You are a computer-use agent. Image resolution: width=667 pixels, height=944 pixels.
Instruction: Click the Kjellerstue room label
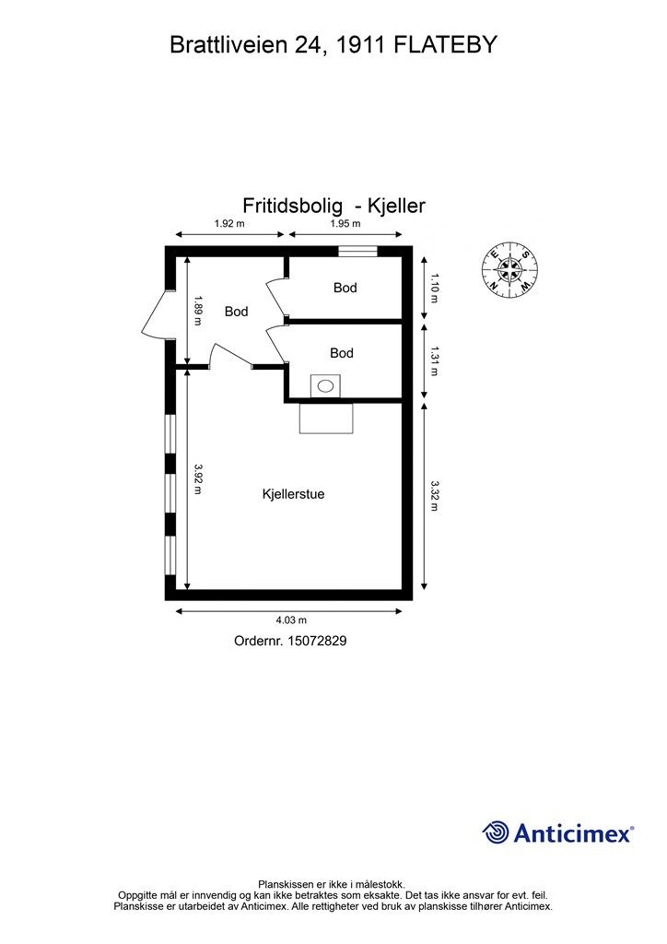293,494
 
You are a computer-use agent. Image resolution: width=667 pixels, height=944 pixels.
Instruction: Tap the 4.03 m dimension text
291,621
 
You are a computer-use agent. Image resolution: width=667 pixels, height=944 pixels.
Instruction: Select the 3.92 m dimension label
198,479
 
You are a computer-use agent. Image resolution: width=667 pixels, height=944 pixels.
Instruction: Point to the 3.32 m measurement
434,495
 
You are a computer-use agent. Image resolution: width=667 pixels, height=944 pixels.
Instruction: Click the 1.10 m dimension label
434,287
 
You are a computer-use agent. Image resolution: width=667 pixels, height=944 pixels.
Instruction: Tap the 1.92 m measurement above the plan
229,223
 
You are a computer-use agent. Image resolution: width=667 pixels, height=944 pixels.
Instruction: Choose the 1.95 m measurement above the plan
345,223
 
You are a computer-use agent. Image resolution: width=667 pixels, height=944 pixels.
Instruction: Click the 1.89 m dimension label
198,310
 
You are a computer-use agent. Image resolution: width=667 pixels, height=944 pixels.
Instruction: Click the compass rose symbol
509,269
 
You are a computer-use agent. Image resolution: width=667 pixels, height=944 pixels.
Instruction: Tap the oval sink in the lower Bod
324,386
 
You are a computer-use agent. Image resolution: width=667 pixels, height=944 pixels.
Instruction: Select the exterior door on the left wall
155,316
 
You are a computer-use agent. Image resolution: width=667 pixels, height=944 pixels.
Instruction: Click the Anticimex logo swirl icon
496,832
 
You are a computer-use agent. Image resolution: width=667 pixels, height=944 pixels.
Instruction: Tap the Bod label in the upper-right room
345,288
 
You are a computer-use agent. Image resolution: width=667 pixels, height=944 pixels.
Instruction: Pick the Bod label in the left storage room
237,312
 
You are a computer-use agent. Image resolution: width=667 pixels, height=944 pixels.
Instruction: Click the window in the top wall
357,251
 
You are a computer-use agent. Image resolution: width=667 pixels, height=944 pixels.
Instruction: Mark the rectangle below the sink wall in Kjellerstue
327,419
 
